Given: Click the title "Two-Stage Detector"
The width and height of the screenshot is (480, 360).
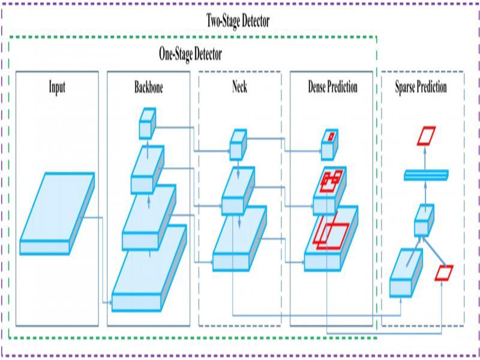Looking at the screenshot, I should tap(238, 20).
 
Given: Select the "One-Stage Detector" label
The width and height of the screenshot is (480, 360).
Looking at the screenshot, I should tap(190, 54).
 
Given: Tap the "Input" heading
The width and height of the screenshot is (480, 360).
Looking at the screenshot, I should tap(57, 87).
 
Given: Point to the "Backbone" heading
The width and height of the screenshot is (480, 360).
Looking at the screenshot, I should tap(148, 87).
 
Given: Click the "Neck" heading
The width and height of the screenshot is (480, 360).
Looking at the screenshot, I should tap(239, 87).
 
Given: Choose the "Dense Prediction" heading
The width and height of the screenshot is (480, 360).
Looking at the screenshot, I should tap(332, 87).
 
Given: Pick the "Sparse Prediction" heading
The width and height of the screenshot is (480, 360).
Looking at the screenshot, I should tap(421, 87).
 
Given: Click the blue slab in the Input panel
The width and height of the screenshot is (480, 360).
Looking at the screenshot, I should tap(57, 213).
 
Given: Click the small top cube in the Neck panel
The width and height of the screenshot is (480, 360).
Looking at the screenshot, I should tap(238, 144).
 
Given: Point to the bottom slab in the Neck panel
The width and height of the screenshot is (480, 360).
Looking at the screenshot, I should tap(239, 240).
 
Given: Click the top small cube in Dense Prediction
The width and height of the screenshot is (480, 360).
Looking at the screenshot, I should tap(329, 139).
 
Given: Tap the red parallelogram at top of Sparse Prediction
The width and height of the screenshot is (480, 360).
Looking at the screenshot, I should tap(427, 135).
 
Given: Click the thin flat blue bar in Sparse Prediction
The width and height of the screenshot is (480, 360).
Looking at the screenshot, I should tap(426, 175).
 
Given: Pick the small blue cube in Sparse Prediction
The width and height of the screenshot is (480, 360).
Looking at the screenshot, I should tap(424, 220).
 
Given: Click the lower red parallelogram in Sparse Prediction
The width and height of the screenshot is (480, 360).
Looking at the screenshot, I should tap(444, 273).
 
